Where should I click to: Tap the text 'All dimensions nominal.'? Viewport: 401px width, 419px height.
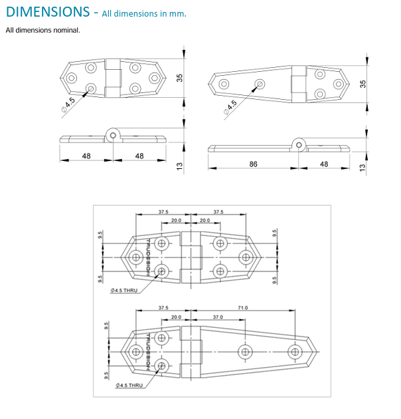[43, 30]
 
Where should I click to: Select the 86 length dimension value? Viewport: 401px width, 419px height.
[253, 164]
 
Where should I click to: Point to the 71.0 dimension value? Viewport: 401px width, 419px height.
[242, 307]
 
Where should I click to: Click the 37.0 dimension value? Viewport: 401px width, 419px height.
[218, 318]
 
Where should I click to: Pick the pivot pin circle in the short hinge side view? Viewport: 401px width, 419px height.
[114, 135]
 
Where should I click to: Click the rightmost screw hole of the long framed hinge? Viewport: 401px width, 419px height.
[295, 351]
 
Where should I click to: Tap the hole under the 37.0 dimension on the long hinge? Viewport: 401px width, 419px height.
[245, 351]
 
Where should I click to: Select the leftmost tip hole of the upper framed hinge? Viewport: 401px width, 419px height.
[135, 257]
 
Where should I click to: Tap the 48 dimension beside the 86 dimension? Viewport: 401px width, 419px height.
[324, 164]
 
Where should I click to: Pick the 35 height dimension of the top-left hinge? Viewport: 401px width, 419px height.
[179, 77]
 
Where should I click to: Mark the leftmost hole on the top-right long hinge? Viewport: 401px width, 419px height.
[224, 84]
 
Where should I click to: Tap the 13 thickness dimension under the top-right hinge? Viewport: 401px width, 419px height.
[362, 168]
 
